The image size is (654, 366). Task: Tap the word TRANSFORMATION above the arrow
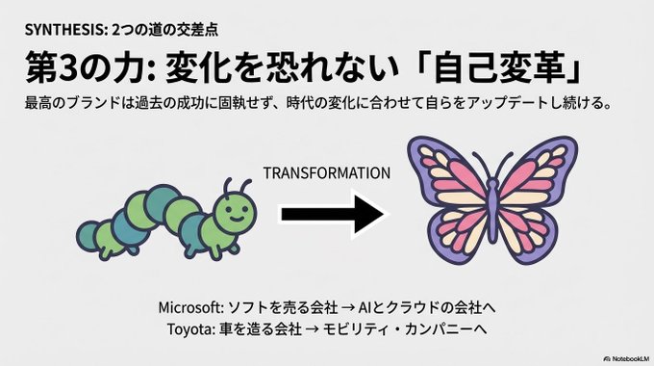(x=327, y=173)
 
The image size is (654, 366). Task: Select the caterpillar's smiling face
(x=235, y=211)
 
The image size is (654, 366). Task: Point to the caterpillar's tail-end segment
(x=87, y=235)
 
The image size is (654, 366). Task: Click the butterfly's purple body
(x=492, y=208)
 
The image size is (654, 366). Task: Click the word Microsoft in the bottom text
(x=191, y=308)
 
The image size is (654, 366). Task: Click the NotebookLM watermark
(x=626, y=358)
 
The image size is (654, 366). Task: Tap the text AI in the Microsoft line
(x=362, y=308)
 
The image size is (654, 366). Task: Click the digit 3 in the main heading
(x=68, y=66)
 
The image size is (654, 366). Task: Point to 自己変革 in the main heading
(x=499, y=66)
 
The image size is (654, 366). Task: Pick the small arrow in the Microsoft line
(x=347, y=308)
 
